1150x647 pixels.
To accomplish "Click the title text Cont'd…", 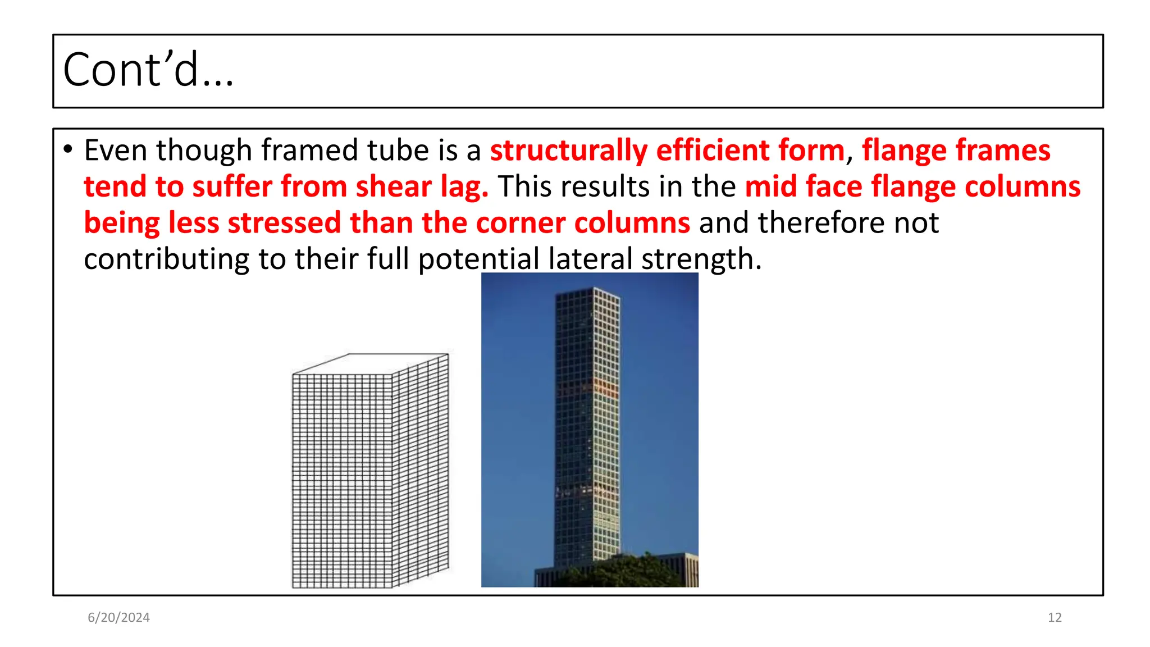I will (x=148, y=70).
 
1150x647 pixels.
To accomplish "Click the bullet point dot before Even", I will (x=68, y=149).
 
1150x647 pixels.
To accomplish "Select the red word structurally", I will (x=568, y=151).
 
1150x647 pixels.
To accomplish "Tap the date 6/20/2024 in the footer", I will (x=118, y=618).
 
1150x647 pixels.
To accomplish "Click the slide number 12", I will (x=1055, y=618).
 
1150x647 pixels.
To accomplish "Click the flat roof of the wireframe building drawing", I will (x=371, y=363).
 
